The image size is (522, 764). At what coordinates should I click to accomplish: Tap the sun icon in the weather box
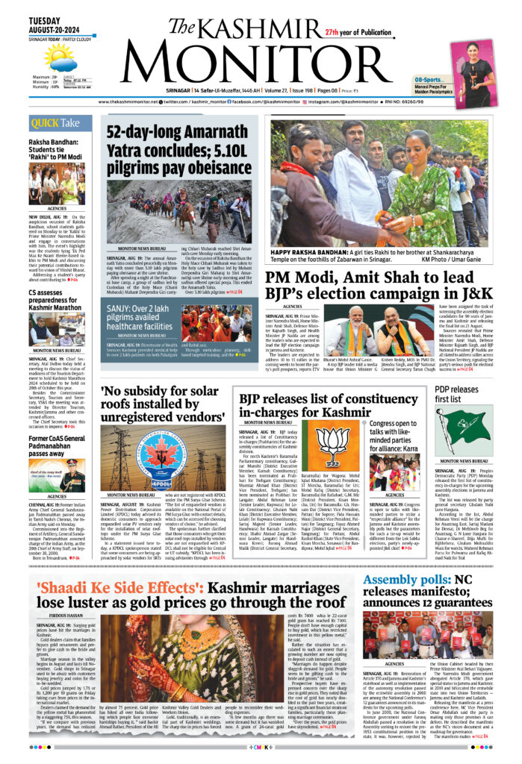coord(58,57)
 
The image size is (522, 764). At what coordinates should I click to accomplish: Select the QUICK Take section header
coord(56,122)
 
